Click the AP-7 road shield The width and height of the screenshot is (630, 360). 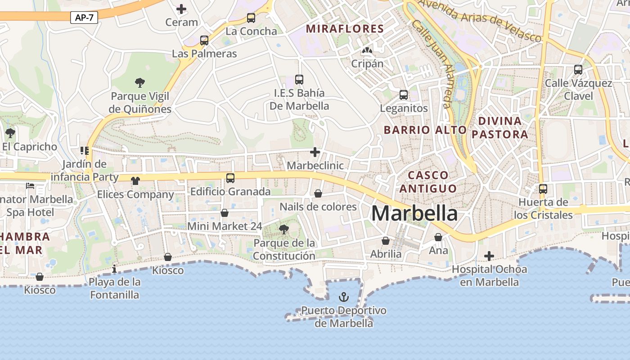click(84, 18)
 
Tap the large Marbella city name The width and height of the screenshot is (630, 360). click(414, 213)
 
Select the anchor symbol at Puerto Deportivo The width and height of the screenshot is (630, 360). click(344, 297)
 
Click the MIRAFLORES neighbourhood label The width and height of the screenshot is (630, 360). click(345, 29)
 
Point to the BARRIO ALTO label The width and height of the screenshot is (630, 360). click(425, 130)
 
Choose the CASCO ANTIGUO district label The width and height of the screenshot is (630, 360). click(428, 181)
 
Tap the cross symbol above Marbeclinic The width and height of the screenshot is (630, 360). click(315, 153)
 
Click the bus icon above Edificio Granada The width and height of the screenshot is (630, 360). click(230, 178)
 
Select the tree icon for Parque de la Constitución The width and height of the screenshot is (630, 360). click(283, 229)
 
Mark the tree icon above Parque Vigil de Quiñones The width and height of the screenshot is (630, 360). click(140, 83)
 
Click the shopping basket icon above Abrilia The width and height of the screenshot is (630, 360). click(386, 241)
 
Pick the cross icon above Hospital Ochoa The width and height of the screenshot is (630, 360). click(489, 256)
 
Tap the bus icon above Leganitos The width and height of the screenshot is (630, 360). click(404, 95)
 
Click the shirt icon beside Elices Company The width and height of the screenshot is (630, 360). click(135, 181)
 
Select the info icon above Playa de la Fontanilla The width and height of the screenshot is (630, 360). click(114, 269)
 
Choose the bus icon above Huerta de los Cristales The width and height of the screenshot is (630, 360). click(543, 189)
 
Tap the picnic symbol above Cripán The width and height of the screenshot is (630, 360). click(367, 50)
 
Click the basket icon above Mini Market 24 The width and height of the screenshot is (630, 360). click(225, 213)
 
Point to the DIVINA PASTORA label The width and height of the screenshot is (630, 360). click(499, 127)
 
